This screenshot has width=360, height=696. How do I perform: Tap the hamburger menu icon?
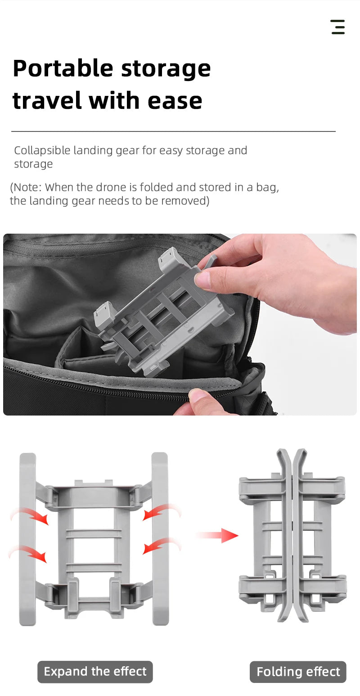tap(337, 27)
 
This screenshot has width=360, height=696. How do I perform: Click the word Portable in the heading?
tap(63, 69)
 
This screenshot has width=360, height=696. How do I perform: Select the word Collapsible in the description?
tap(42, 150)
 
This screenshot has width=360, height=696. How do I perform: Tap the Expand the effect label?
tap(95, 672)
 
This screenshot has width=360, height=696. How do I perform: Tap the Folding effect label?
tap(298, 672)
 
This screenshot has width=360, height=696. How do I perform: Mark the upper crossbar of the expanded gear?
tap(94, 533)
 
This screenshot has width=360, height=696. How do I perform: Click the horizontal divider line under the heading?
tap(173, 131)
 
